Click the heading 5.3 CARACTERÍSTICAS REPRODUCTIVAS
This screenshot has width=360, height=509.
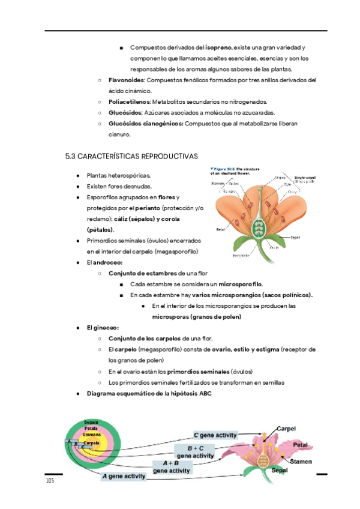131,156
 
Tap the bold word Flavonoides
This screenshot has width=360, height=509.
127,80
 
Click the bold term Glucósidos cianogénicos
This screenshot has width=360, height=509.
146,124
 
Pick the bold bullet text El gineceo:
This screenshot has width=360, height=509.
103,328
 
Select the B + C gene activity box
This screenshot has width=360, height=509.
196,452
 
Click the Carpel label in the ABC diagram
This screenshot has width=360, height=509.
286,429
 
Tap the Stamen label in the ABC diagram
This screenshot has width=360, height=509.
300,462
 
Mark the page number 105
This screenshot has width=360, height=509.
50,482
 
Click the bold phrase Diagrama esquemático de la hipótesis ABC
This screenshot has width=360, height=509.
149,393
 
